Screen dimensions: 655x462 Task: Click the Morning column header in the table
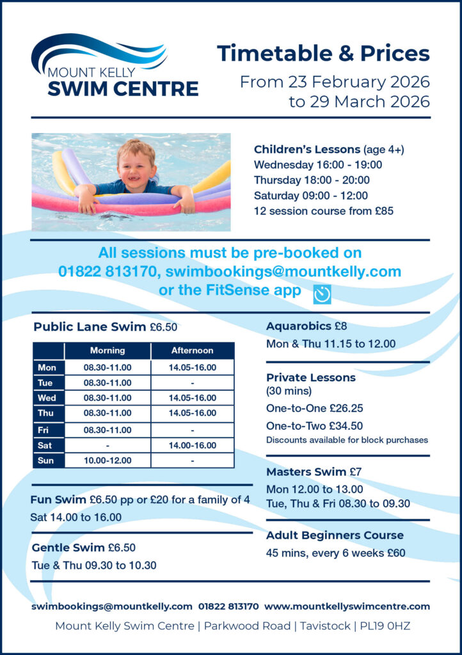108,351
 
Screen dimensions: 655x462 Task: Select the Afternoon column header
192,351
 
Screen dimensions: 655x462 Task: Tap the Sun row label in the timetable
46,461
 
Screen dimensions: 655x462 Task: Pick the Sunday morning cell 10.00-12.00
108,461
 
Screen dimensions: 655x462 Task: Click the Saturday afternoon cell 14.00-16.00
192,445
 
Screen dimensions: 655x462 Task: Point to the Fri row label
46,430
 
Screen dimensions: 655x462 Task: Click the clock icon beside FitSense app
322,294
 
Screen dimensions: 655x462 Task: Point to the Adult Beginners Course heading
335,535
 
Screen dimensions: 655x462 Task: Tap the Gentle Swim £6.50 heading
83,548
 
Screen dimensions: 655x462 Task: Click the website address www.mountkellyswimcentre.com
347,606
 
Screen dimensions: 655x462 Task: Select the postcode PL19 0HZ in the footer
387,626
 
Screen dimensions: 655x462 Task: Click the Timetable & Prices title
323,54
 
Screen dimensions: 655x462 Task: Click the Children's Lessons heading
307,150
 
